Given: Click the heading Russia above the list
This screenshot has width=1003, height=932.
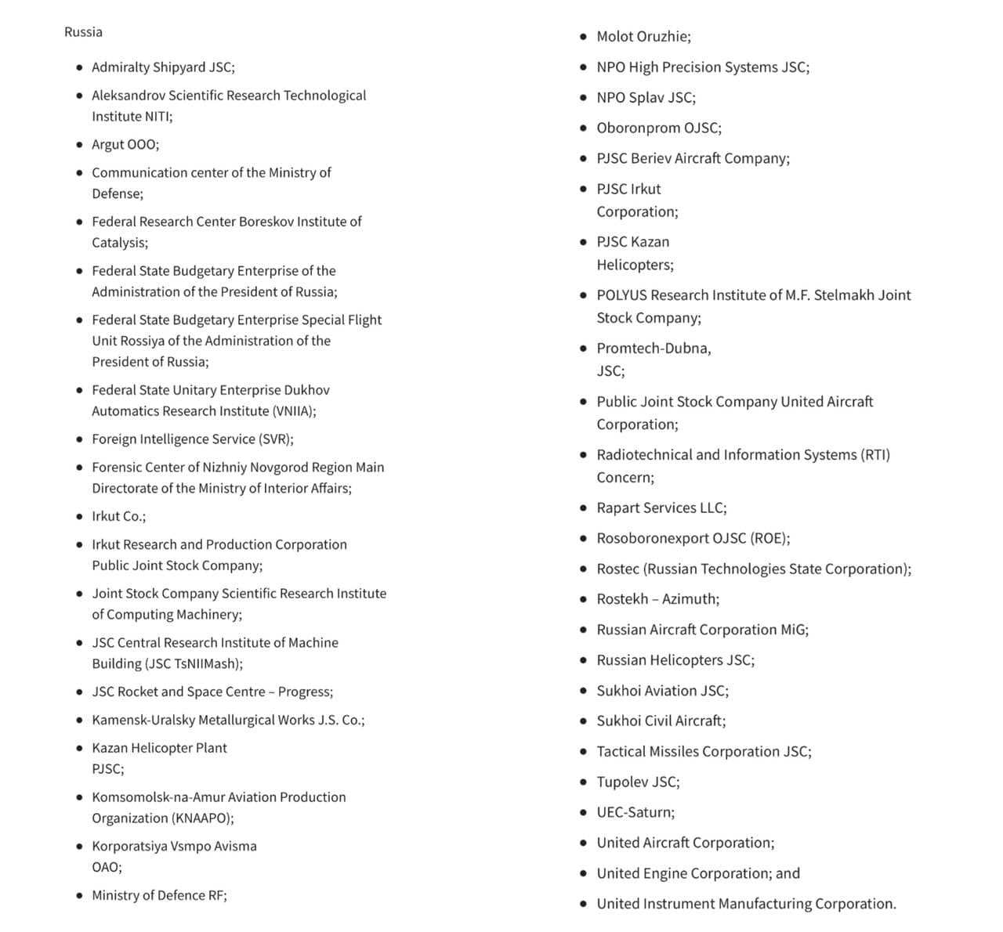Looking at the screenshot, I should [x=83, y=32].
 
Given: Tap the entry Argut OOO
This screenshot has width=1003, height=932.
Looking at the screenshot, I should [x=125, y=145].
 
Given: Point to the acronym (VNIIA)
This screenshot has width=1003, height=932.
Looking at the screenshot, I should [x=294, y=411].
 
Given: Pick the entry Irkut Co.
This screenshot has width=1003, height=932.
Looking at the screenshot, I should [x=118, y=517].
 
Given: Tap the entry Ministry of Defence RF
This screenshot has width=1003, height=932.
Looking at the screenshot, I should [x=159, y=896].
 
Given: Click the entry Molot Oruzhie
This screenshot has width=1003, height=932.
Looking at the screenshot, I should [x=643, y=37].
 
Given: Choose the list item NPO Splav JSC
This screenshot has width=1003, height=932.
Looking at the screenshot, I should [x=646, y=98].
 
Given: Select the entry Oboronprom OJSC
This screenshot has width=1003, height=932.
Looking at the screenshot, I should [x=659, y=128].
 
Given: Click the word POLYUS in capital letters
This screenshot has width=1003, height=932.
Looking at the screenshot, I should [x=621, y=295].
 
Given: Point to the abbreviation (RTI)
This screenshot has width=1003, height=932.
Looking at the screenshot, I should [x=875, y=455].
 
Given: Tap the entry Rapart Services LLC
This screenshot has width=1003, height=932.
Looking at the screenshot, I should [x=661, y=508].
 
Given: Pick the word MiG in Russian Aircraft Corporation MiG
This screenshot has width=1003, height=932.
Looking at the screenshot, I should [x=794, y=630].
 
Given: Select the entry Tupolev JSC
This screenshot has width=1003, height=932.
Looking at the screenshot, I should [x=638, y=782].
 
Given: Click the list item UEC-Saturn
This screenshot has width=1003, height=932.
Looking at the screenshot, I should [x=635, y=813].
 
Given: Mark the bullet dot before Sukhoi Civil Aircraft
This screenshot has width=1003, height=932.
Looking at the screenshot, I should [x=583, y=721].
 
